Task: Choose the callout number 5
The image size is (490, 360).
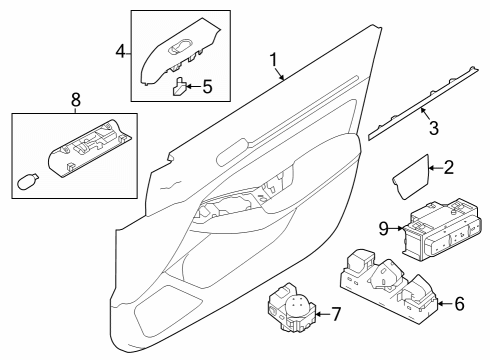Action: pyautogui.click(x=208, y=87)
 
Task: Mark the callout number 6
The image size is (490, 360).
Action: pyautogui.click(x=459, y=302)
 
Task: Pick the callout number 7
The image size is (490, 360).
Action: pyautogui.click(x=335, y=316)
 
